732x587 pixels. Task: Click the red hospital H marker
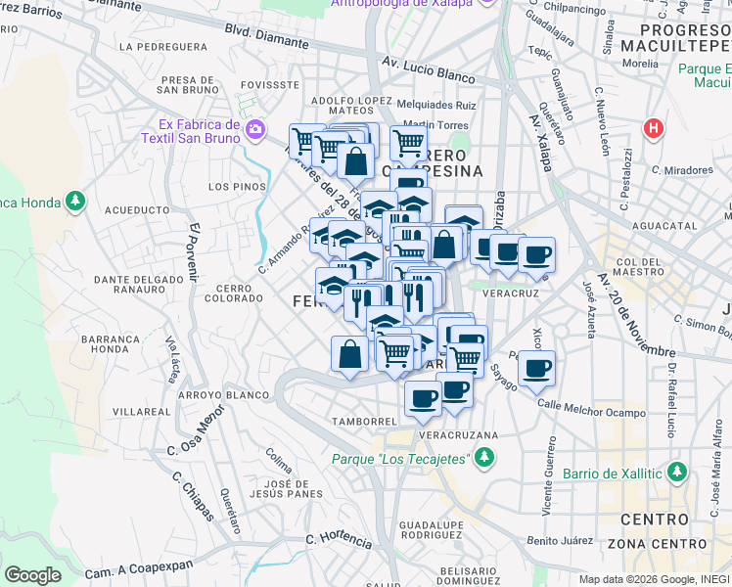[653, 127]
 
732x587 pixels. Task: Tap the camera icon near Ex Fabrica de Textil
[255, 129]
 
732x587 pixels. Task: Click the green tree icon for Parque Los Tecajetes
[483, 458]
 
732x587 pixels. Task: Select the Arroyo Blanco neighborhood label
[223, 395]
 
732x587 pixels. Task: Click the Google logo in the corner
[32, 574]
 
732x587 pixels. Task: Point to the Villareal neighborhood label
[142, 413]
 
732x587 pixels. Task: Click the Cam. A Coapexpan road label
[132, 573]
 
